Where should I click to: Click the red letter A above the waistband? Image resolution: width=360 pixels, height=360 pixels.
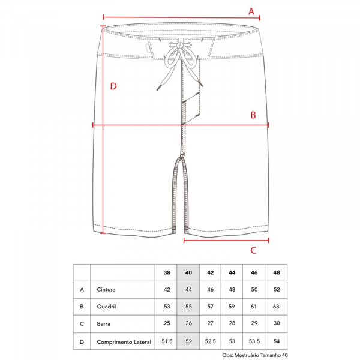251,11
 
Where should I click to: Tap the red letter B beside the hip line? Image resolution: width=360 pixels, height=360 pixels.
253,115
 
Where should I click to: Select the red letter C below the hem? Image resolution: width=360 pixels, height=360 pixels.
253,250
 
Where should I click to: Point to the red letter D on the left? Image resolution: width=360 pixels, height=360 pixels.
113,86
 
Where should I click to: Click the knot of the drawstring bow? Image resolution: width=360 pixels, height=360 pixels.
180,46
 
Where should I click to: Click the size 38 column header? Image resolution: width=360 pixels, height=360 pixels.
167,272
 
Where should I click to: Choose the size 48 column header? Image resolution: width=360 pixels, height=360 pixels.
277,272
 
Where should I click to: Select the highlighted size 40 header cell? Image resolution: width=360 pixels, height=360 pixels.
188,273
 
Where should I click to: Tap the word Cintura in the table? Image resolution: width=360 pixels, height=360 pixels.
106,290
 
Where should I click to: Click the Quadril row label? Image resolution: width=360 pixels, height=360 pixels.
106,307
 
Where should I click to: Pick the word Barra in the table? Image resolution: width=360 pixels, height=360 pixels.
104,324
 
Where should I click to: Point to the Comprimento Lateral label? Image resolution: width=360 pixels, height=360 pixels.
124,342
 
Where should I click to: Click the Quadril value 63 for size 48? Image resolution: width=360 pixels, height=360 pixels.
276,307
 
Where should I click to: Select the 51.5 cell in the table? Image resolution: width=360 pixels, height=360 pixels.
167,341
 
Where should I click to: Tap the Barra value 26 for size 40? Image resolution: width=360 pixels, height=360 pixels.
188,323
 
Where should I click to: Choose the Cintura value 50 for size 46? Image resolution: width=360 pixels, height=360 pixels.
254,290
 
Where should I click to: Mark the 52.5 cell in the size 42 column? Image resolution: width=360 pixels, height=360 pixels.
211,341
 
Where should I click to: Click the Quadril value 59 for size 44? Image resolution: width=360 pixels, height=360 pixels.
232,307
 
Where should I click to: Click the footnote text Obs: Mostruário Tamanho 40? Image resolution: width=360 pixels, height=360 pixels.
255,355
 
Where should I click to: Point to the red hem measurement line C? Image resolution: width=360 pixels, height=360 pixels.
226,241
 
